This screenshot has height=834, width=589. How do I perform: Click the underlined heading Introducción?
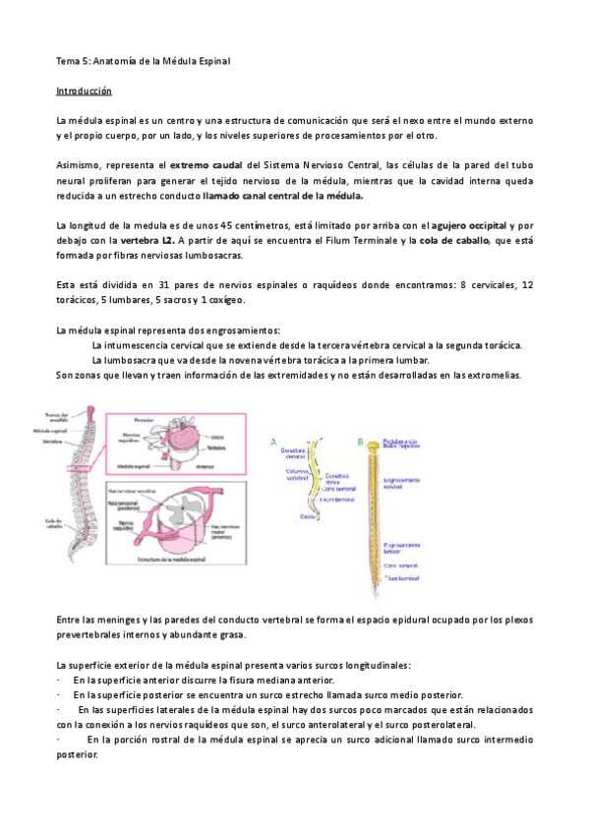click(x=85, y=90)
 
